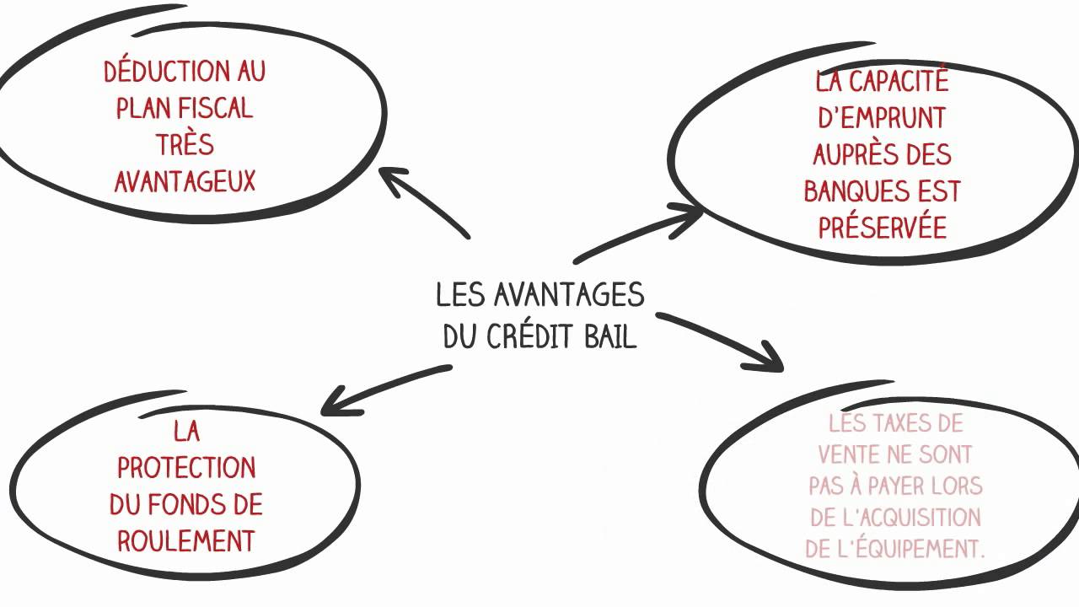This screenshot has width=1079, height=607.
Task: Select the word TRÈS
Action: click(185, 145)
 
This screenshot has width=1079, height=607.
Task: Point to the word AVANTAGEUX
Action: click(185, 181)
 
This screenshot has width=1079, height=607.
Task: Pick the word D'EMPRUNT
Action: click(882, 118)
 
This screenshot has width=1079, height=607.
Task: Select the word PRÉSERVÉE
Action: click(883, 228)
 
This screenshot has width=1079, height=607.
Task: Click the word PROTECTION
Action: click(186, 467)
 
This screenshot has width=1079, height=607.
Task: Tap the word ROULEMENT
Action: click(186, 540)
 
